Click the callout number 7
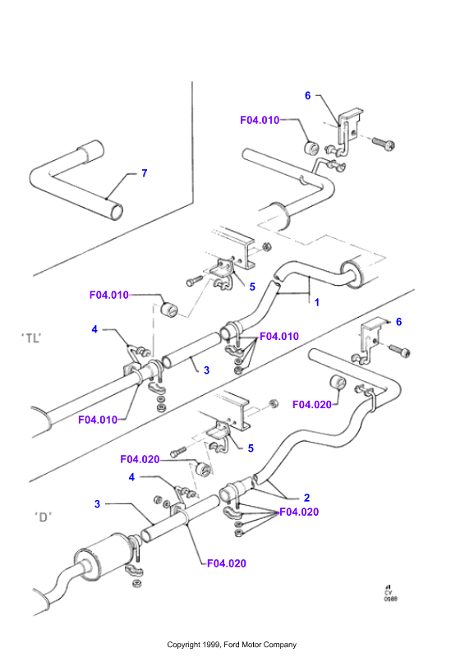pyautogui.click(x=145, y=173)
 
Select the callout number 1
pyautogui.click(x=317, y=302)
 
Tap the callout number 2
pyautogui.click(x=307, y=498)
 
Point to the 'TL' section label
pyautogui.click(x=31, y=338)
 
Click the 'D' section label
pyautogui.click(x=44, y=517)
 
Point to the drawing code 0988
pyautogui.click(x=391, y=599)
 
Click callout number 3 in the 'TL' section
pyautogui.click(x=206, y=370)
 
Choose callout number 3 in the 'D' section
pyautogui.click(x=97, y=504)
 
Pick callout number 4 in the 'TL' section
pyautogui.click(x=94, y=330)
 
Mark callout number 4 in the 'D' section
pyautogui.click(x=131, y=477)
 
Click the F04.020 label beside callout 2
pyautogui.click(x=299, y=512)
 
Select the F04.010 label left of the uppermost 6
pyautogui.click(x=260, y=120)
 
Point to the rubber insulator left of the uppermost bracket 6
pyautogui.click(x=311, y=148)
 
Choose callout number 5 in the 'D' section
pyautogui.click(x=251, y=448)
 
